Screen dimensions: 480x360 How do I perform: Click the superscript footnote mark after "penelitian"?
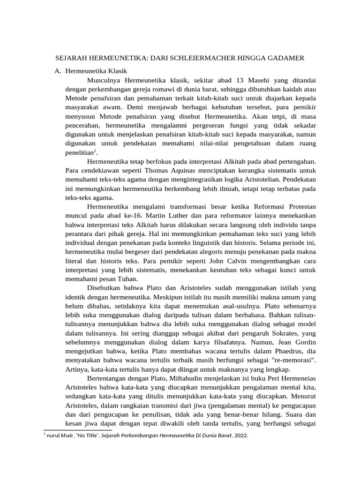point(95,150)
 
